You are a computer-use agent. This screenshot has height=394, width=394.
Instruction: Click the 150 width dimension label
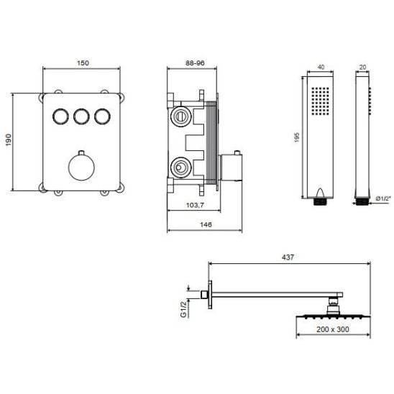pyautogui.click(x=83, y=63)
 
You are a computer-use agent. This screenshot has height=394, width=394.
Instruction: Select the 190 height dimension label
pyautogui.click(x=9, y=140)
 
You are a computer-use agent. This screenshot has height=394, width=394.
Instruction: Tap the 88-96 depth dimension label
pyautogui.click(x=195, y=63)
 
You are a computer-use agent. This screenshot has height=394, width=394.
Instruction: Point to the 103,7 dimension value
pyautogui.click(x=195, y=206)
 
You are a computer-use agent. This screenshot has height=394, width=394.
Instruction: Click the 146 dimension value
pyautogui.click(x=206, y=224)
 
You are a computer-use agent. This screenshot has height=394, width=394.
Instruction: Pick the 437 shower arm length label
pyautogui.click(x=288, y=257)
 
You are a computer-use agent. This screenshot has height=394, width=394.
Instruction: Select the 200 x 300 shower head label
pyautogui.click(x=333, y=329)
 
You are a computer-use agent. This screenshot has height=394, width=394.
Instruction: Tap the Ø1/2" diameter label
pyautogui.click(x=383, y=198)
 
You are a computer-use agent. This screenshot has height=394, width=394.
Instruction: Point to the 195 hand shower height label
pyautogui.click(x=297, y=138)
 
